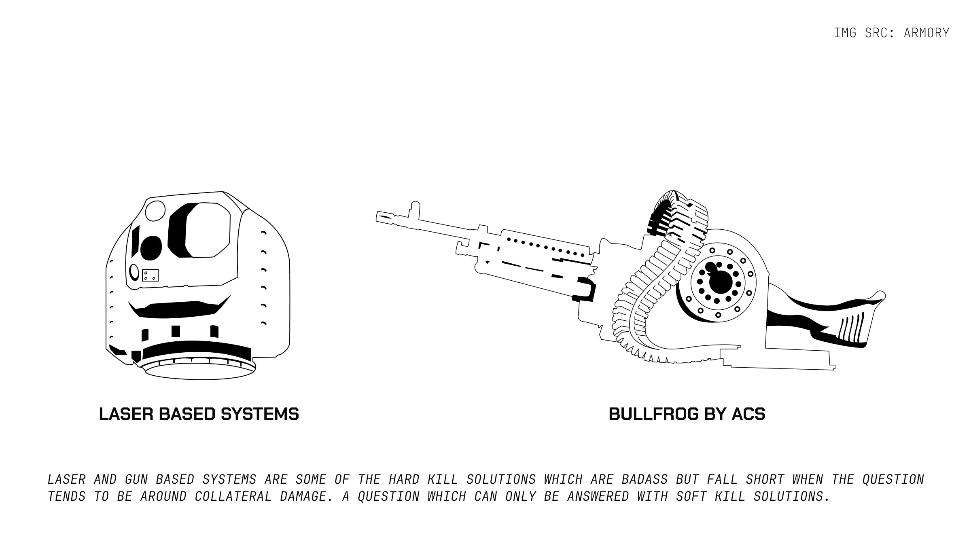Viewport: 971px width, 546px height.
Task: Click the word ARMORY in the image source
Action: click(x=926, y=33)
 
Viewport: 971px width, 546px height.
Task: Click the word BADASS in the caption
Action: click(x=645, y=479)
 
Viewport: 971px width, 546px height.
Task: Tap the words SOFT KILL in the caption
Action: click(x=710, y=496)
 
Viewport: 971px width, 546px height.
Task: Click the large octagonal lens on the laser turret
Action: click(x=208, y=230)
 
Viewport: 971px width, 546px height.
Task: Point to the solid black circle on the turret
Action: click(x=151, y=248)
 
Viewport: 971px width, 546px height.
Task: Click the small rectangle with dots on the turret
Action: click(x=150, y=275)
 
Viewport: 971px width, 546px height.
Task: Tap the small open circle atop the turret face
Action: click(x=155, y=211)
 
